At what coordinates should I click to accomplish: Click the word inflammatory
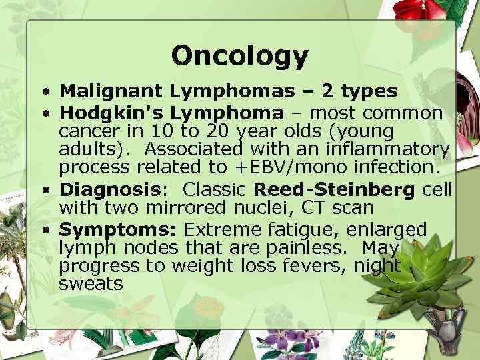394,149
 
